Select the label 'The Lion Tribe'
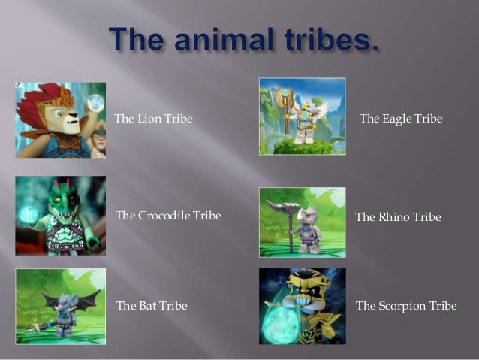click(x=148, y=119)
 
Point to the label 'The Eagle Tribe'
click(x=401, y=119)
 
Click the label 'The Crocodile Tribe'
click(x=168, y=216)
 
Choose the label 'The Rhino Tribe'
click(x=398, y=217)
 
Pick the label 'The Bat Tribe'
click(x=152, y=306)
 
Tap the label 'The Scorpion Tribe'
click(x=405, y=306)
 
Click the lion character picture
click(x=60, y=119)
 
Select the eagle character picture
click(x=302, y=116)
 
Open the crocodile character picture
click(x=60, y=215)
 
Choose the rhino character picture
click(x=302, y=222)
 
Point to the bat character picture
click(x=60, y=307)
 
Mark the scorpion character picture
click(x=302, y=307)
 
